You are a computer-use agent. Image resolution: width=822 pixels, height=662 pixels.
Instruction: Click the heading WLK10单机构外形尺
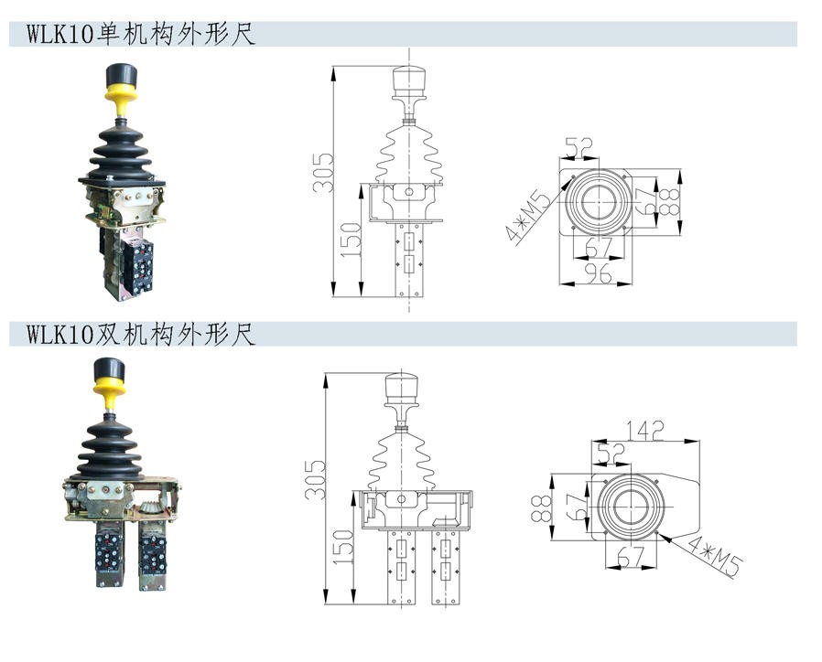coord(141,35)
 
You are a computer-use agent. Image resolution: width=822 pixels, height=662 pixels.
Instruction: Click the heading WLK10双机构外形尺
coord(141,334)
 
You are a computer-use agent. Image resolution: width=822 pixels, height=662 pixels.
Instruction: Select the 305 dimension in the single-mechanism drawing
coord(323,173)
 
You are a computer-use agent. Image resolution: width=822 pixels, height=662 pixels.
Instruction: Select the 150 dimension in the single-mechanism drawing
coord(352,240)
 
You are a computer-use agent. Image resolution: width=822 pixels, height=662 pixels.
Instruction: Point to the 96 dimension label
coord(598,273)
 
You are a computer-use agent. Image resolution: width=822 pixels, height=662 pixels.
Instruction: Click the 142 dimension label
coord(645,431)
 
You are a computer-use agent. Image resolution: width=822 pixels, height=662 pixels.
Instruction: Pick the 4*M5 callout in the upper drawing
coord(528,216)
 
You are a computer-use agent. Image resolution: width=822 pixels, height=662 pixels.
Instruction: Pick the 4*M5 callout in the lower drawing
coord(715,556)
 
